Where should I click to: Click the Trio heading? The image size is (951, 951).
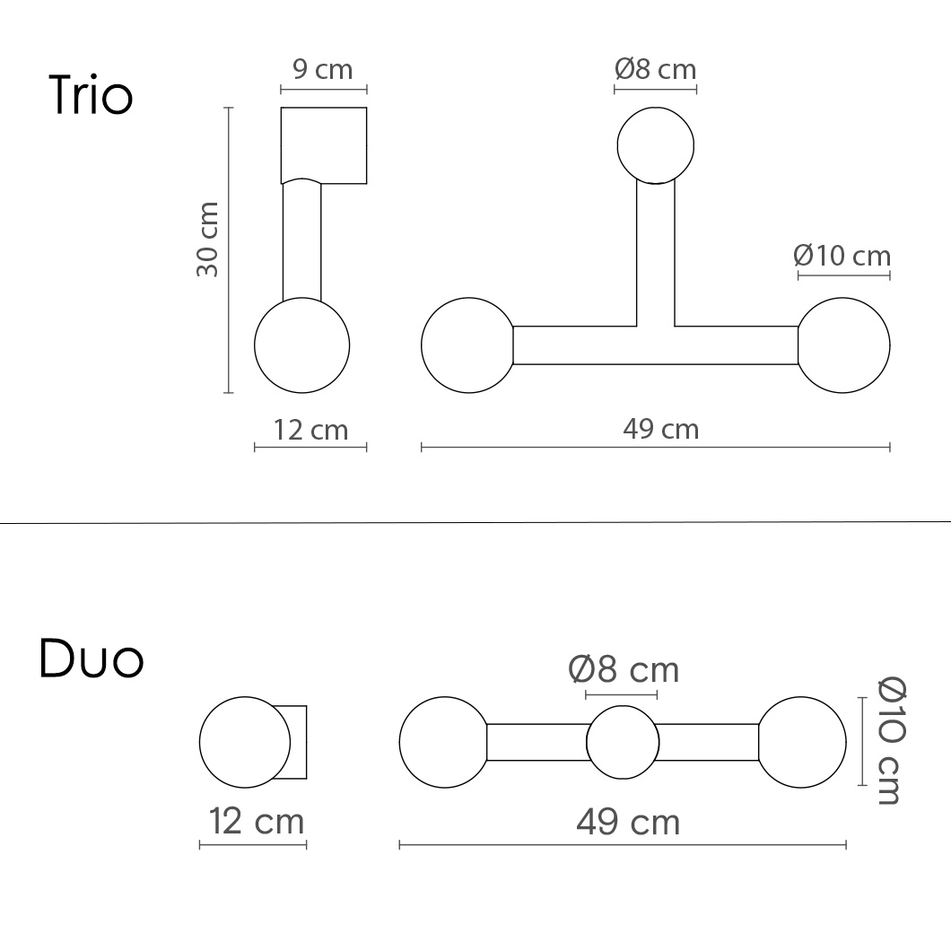click(x=91, y=95)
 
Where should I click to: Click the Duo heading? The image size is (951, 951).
click(x=92, y=658)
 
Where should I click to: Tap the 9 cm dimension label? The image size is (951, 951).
click(x=323, y=69)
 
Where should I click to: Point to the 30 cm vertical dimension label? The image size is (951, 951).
click(x=207, y=240)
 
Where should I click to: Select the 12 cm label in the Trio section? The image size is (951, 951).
click(x=310, y=430)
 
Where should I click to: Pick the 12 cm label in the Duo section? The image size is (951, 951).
click(x=256, y=821)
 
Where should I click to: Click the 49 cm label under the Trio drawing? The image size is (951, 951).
click(x=660, y=430)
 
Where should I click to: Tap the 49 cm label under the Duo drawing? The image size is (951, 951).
click(x=628, y=823)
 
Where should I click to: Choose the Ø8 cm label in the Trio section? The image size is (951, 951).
click(x=655, y=69)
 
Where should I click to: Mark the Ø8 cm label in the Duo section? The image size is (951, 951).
click(x=624, y=669)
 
